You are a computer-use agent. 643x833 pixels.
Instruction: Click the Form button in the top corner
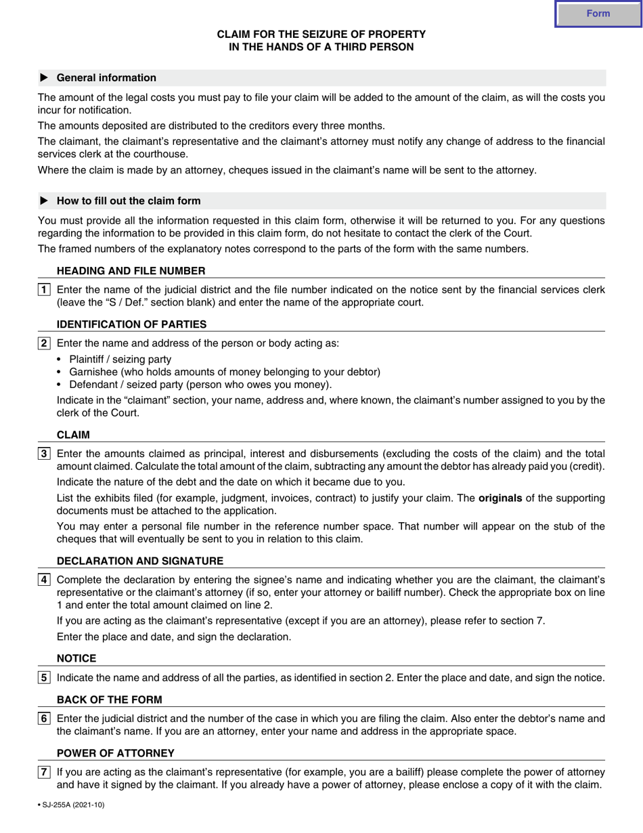coord(598,14)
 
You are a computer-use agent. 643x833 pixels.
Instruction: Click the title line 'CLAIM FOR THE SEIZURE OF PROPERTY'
coord(321,34)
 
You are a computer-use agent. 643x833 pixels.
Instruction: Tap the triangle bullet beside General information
coord(45,78)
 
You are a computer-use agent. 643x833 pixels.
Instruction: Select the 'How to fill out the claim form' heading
coord(129,201)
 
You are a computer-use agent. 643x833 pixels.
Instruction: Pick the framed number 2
coord(44,343)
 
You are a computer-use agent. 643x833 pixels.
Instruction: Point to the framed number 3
coord(44,454)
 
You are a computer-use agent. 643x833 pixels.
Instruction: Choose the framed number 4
coord(44,580)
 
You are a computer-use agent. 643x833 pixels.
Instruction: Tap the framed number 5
coord(44,678)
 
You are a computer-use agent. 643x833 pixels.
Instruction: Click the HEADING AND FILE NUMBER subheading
coord(131,271)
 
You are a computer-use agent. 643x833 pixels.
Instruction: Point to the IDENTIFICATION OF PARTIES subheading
coord(132,324)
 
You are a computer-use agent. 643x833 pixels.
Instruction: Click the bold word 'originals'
coord(500,498)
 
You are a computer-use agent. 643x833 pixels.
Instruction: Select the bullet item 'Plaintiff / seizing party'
coord(120,360)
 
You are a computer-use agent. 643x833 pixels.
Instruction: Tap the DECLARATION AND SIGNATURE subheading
coord(140,561)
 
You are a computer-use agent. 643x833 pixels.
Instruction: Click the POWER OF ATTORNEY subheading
coord(116,753)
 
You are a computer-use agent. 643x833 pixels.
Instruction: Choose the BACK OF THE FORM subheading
coord(110,700)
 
